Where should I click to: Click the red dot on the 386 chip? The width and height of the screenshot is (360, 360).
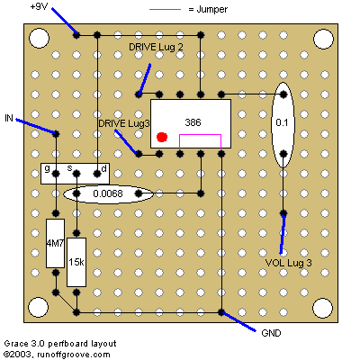click(x=162, y=138)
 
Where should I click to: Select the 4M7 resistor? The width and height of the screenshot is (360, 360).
click(x=55, y=243)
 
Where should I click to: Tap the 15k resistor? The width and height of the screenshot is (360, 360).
click(x=76, y=262)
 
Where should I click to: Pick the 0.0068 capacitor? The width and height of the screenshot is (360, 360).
click(x=108, y=193)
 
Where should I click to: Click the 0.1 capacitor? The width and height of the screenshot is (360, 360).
click(x=283, y=125)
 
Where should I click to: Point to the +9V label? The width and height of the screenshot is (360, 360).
click(x=39, y=6)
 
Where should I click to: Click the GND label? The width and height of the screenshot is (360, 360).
click(x=271, y=333)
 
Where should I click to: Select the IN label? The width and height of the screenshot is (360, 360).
click(x=9, y=118)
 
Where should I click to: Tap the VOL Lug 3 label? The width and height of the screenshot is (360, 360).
click(x=289, y=263)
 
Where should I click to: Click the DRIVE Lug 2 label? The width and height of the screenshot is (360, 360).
click(x=156, y=47)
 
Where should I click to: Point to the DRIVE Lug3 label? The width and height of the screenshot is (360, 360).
click(x=124, y=123)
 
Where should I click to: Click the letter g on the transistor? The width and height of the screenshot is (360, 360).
click(x=47, y=168)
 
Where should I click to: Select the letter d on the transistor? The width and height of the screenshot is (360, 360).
click(x=103, y=168)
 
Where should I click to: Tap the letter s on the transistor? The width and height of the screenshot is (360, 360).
click(x=69, y=168)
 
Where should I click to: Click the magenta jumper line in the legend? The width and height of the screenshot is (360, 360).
click(x=166, y=10)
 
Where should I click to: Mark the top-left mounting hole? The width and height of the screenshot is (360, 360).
click(x=39, y=39)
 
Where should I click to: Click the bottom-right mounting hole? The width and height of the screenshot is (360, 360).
click(x=323, y=308)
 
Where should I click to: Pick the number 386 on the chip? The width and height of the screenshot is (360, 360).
click(x=193, y=122)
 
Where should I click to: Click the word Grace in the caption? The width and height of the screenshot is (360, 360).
click(x=16, y=344)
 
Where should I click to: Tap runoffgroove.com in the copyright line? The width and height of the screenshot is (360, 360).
click(x=74, y=355)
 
